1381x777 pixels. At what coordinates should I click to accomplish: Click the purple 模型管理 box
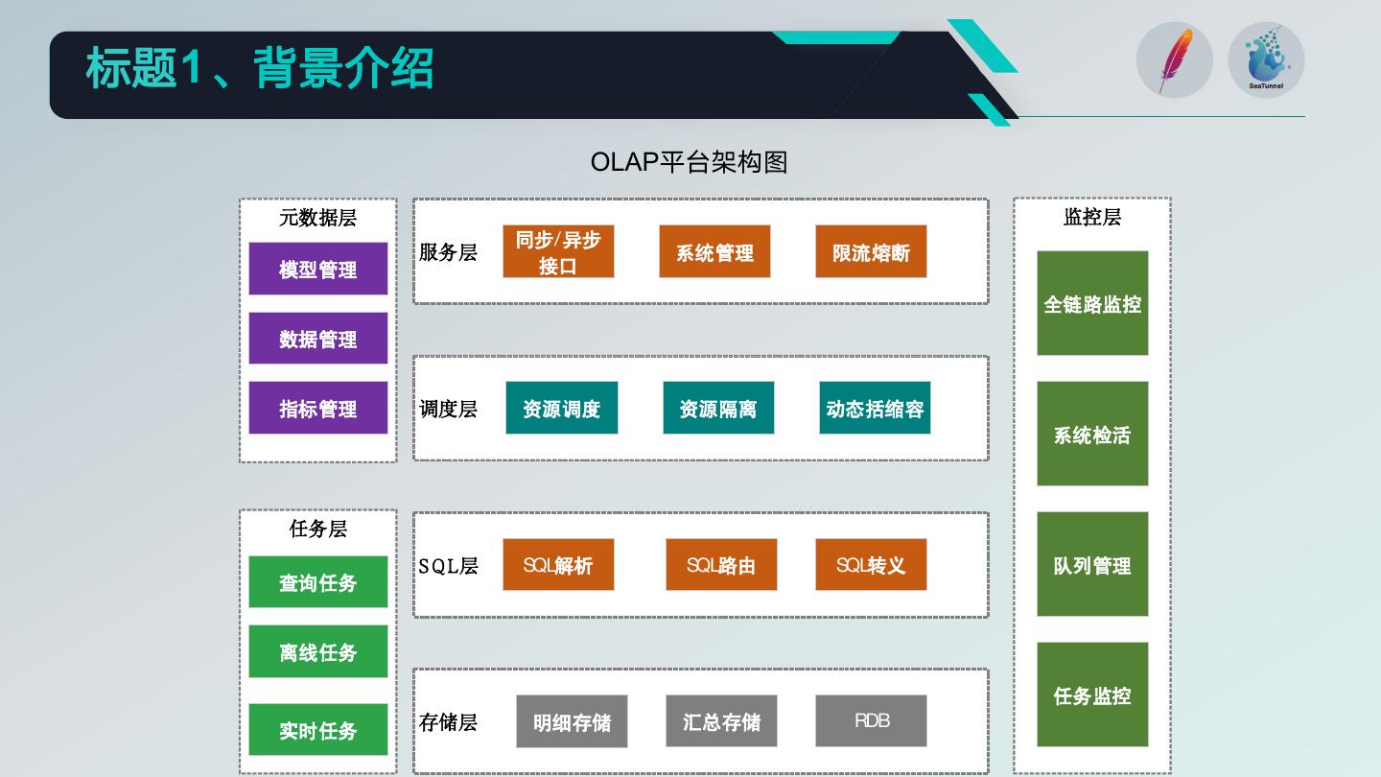pyautogui.click(x=317, y=269)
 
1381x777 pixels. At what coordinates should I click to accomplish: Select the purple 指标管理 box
pyautogui.click(x=317, y=408)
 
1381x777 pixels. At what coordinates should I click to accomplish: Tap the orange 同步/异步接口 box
pyautogui.click(x=558, y=252)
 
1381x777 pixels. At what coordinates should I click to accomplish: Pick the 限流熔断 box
pyautogui.click(x=871, y=252)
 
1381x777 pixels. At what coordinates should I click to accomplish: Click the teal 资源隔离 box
pyautogui.click(x=718, y=408)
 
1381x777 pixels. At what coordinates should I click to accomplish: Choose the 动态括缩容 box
pyautogui.click(x=875, y=408)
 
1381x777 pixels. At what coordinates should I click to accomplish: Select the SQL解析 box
pyautogui.click(x=558, y=565)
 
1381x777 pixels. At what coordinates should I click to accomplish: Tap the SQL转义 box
pyautogui.click(x=871, y=565)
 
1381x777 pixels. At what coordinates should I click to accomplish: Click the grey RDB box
pyautogui.click(x=871, y=720)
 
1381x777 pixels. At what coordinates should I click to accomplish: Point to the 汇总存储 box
pyautogui.click(x=721, y=720)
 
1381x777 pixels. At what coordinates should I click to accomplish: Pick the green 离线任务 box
pyautogui.click(x=317, y=651)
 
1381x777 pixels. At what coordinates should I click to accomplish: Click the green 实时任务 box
pyautogui.click(x=317, y=730)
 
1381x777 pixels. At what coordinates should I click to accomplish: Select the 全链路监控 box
pyautogui.click(x=1092, y=303)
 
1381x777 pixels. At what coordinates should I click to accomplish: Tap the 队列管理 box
pyautogui.click(x=1092, y=564)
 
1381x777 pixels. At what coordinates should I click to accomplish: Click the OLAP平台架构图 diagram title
pyautogui.click(x=689, y=162)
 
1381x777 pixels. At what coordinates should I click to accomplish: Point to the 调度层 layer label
pyautogui.click(x=448, y=409)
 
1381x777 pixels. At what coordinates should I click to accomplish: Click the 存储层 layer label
pyautogui.click(x=448, y=722)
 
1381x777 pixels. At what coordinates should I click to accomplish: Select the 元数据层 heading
pyautogui.click(x=317, y=218)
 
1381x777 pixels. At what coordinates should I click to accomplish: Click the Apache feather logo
pyautogui.click(x=1175, y=60)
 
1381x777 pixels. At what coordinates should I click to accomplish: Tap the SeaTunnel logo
pyautogui.click(x=1266, y=60)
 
